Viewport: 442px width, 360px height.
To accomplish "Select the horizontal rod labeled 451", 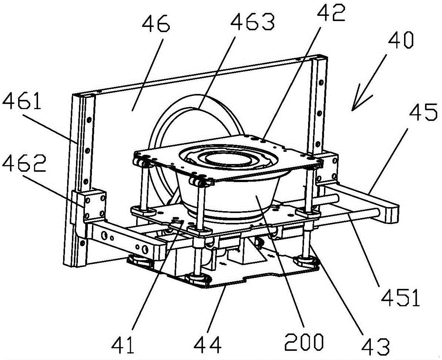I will coord(354,215).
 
